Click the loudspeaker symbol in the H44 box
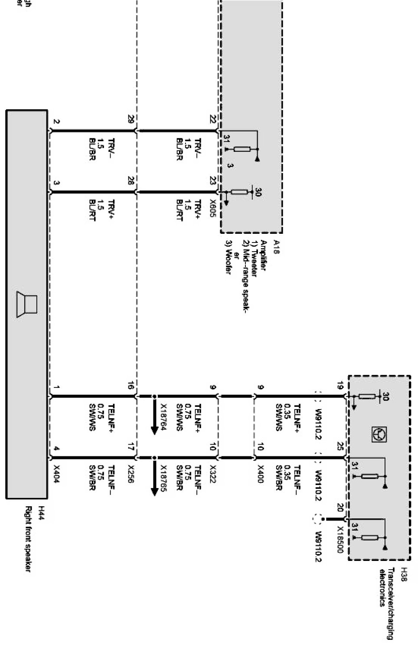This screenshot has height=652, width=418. pos(27,305)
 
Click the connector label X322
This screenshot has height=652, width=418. pos(212,475)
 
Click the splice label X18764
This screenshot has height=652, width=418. pos(163,416)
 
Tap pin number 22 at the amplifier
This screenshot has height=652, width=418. pos(212,119)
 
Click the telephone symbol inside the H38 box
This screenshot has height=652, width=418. pos(379,434)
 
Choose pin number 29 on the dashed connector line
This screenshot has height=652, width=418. pos(131,119)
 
